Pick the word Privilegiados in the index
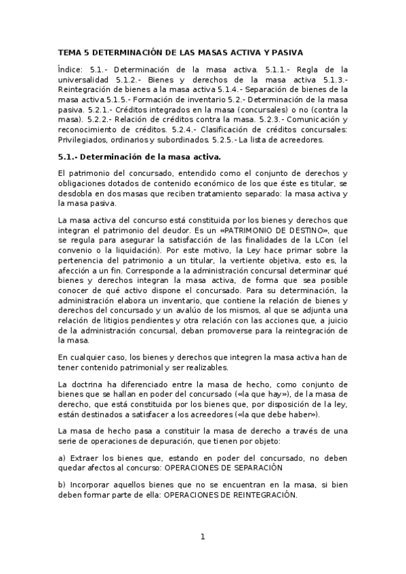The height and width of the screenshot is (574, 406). (87, 140)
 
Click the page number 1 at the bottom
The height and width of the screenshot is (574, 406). (202, 537)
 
